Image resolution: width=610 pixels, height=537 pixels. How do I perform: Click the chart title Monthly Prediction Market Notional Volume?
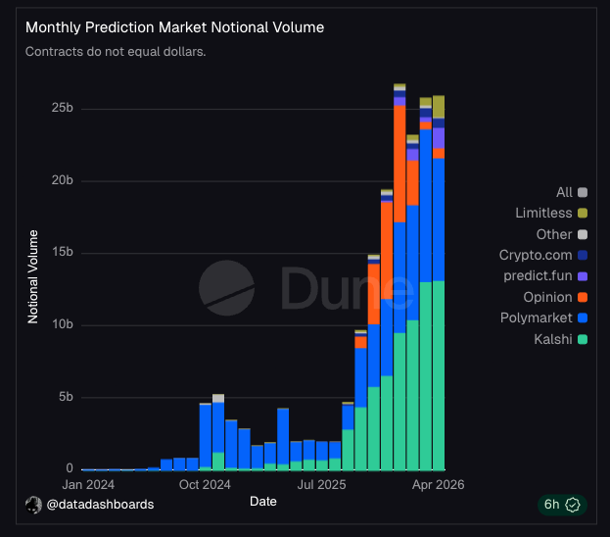(174, 27)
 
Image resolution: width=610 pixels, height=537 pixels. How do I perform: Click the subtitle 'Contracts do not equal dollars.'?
(116, 51)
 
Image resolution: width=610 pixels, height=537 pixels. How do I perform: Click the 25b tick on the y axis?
(63, 108)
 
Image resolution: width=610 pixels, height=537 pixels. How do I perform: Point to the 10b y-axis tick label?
(63, 325)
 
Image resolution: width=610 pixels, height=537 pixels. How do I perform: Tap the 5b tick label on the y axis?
(66, 397)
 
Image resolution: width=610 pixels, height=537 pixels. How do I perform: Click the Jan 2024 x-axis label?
(87, 484)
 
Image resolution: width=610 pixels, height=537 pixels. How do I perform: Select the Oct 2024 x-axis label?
(205, 484)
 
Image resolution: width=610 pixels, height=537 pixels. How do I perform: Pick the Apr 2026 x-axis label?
(438, 484)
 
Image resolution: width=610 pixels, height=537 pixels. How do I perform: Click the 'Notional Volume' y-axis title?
(33, 275)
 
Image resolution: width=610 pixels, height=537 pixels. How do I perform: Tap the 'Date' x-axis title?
(262, 501)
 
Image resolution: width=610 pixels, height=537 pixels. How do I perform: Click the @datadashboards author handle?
(99, 504)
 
